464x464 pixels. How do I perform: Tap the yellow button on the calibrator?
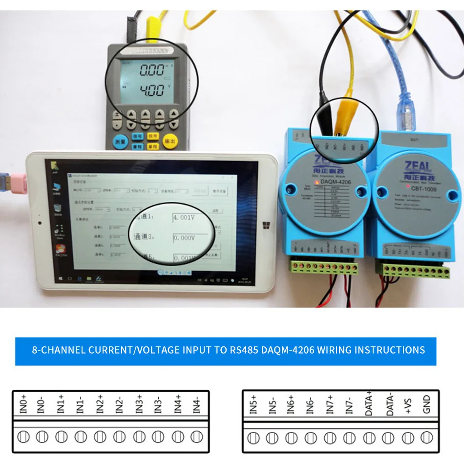click(x=169, y=140)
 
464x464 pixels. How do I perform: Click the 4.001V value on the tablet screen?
click(x=184, y=218)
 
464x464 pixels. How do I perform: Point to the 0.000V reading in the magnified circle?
click(x=184, y=238)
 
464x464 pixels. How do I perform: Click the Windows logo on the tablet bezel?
click(x=267, y=226)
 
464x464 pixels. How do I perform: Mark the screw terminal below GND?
click(x=427, y=437)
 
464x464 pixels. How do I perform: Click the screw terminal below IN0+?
click(x=22, y=437)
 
